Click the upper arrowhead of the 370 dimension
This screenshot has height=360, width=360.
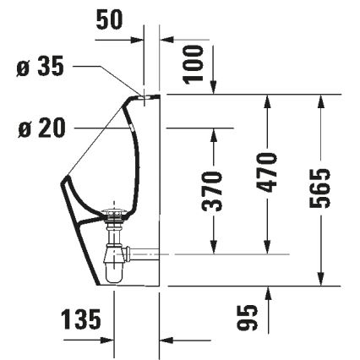(215, 134)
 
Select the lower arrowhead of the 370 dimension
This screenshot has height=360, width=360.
(215, 247)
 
